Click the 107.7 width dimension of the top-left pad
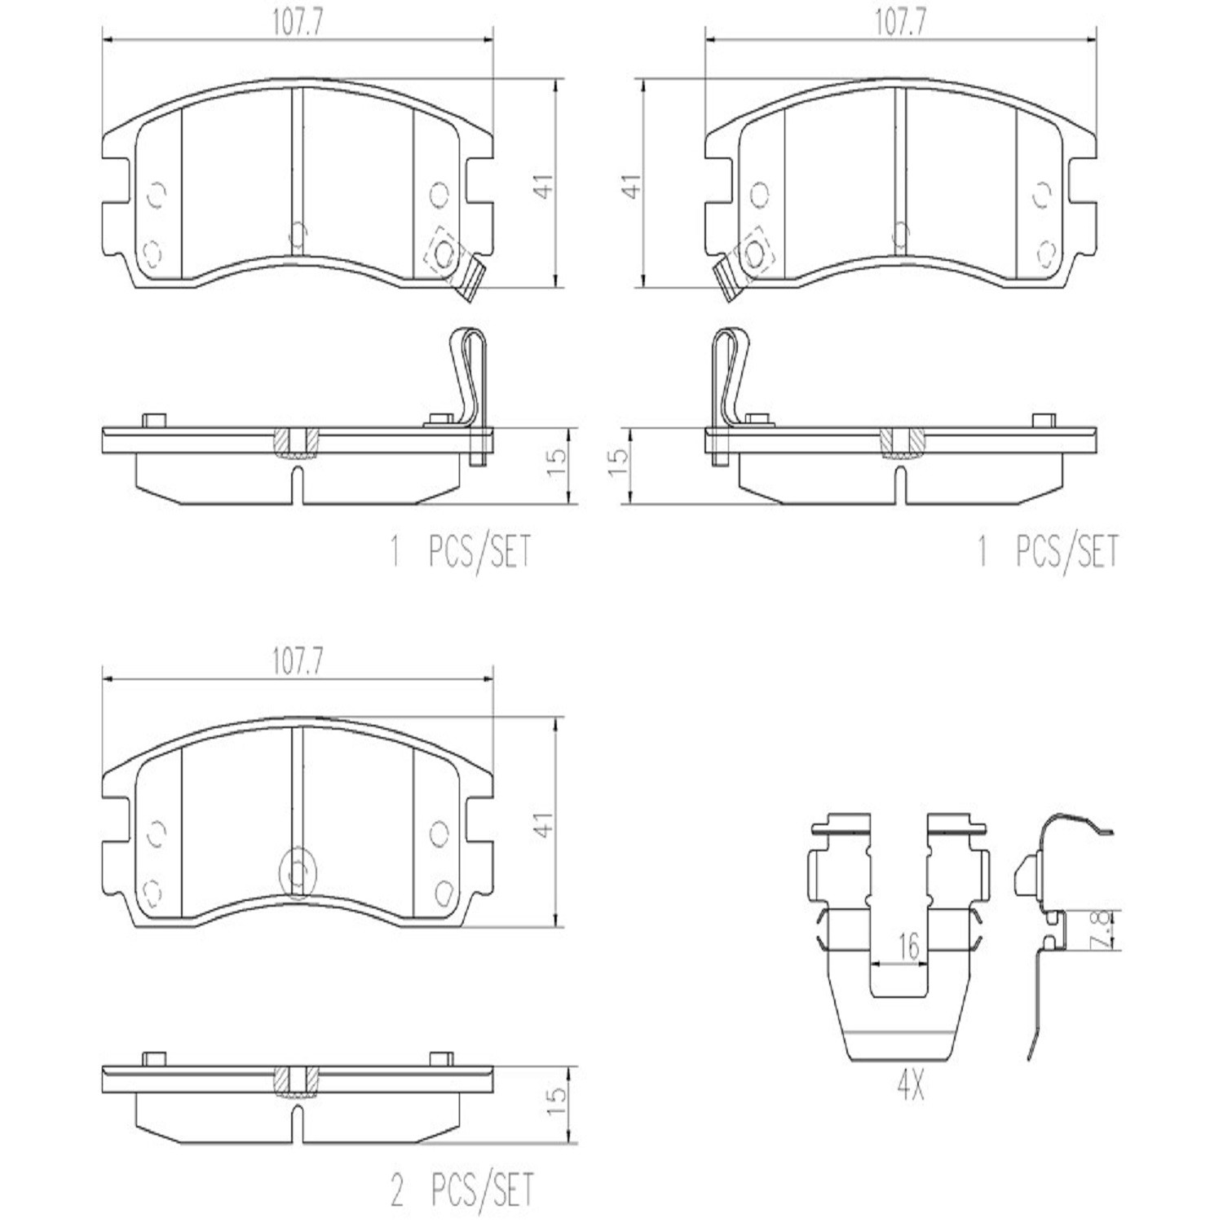298,24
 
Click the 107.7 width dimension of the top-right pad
901,24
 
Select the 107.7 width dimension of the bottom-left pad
298,663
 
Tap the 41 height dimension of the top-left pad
544,184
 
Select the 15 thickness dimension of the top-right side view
620,462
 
